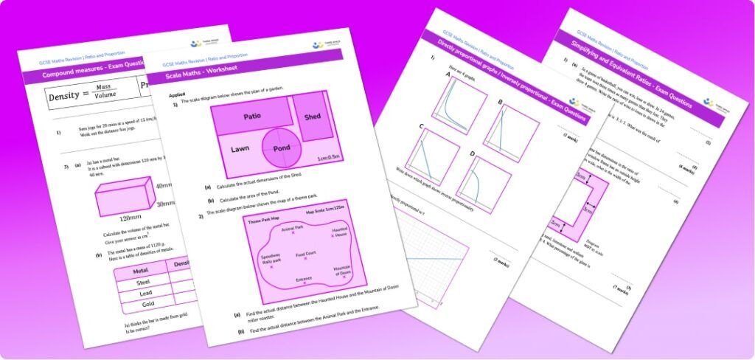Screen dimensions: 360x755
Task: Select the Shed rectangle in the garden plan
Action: click(312, 117)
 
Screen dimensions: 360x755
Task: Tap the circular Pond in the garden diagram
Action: click(281, 148)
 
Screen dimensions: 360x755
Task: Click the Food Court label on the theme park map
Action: click(306, 255)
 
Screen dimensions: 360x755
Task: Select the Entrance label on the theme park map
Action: click(305, 279)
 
